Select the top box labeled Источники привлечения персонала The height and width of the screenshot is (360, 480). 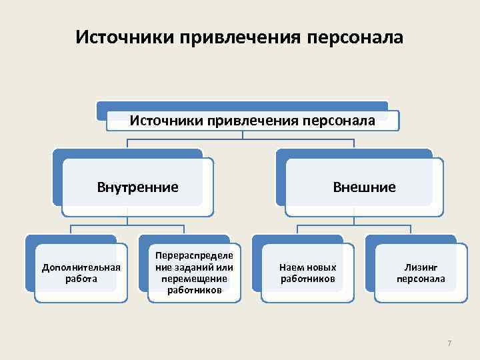click(252, 121)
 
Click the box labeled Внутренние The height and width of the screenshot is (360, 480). click(137, 187)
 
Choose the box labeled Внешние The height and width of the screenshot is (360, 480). click(364, 187)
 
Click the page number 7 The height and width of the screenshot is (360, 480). click(449, 343)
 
